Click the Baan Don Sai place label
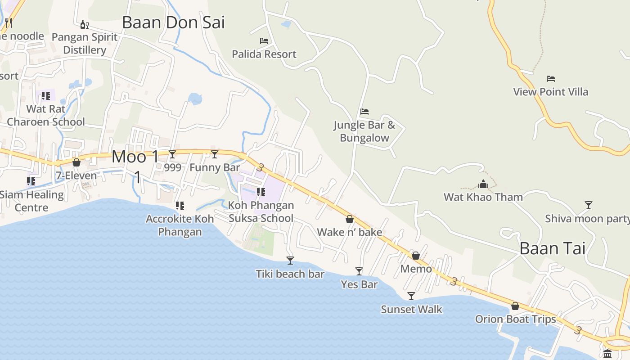pos(173,22)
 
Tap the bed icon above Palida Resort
pos(264,41)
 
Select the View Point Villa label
pos(551,92)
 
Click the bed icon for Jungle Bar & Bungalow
pos(364,111)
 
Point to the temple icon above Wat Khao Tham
pos(483,184)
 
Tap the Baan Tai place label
pos(553,248)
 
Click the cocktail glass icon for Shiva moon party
pos(588,205)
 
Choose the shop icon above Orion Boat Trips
pos(515,306)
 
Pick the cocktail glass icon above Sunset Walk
pos(411,296)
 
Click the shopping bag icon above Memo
pos(416,256)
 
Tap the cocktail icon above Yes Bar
pos(359,271)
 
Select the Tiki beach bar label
pos(290,274)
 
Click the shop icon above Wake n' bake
pos(350,219)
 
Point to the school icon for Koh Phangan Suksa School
pos(261,192)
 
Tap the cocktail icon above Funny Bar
pos(215,154)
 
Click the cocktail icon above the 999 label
pos(172,154)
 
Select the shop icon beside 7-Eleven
pos(76,162)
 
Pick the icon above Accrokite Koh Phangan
pos(180,206)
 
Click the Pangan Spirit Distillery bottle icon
pos(84,24)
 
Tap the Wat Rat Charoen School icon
pos(45,96)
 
